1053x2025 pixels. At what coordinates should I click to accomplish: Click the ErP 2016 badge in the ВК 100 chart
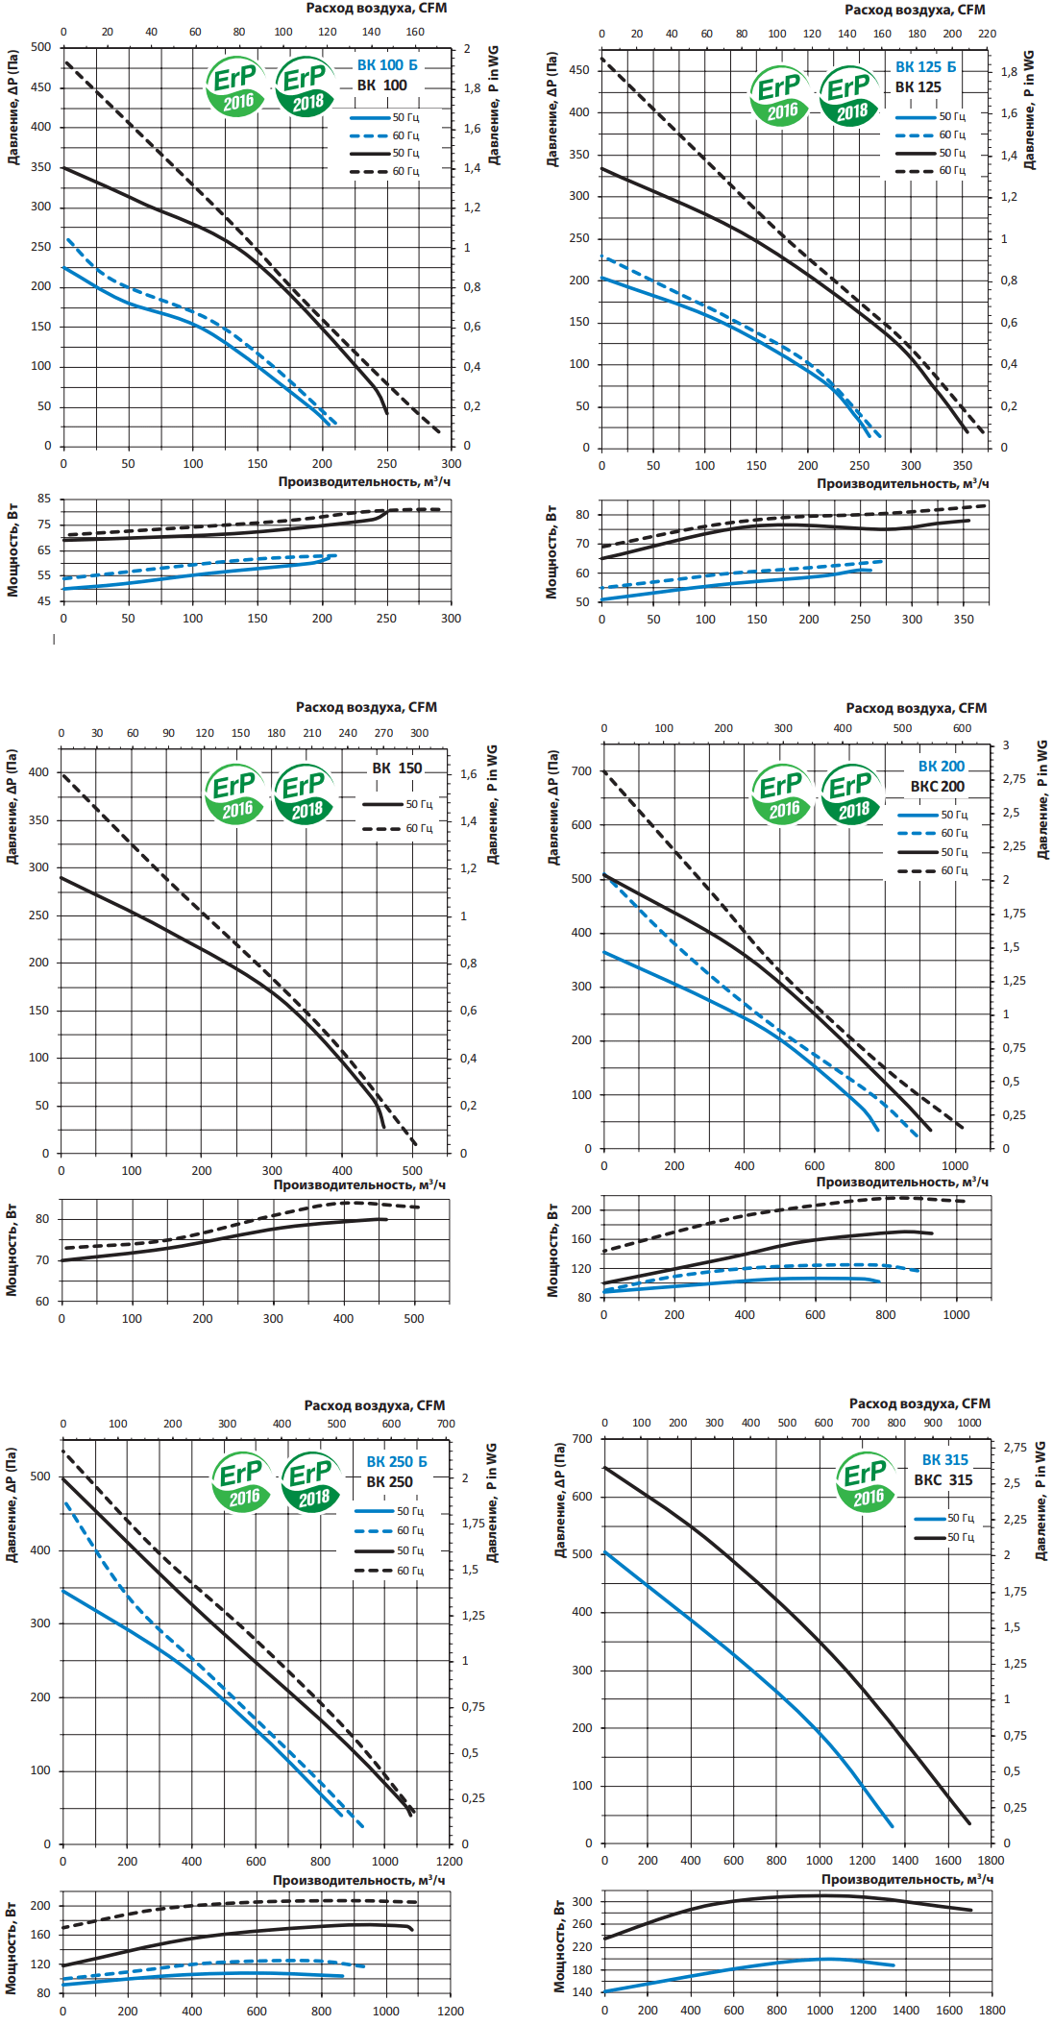pyautogui.click(x=234, y=87)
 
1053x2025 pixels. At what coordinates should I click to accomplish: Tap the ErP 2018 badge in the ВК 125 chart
pyautogui.click(x=849, y=96)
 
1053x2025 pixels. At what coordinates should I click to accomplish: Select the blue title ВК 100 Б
pyautogui.click(x=387, y=65)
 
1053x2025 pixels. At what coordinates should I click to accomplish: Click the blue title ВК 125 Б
pyautogui.click(x=925, y=67)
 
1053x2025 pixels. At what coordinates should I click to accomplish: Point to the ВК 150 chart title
pyautogui.click(x=397, y=769)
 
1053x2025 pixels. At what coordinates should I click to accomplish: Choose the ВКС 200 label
pyautogui.click(x=937, y=787)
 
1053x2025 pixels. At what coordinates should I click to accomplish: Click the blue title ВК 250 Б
pyautogui.click(x=396, y=1461)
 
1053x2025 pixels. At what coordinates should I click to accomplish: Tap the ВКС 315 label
pyautogui.click(x=943, y=1480)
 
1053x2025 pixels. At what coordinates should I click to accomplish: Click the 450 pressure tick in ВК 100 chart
pyautogui.click(x=40, y=87)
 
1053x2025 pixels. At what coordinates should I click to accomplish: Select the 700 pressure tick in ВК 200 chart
pyautogui.click(x=581, y=771)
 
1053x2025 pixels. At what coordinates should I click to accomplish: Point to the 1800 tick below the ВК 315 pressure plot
pyautogui.click(x=991, y=1860)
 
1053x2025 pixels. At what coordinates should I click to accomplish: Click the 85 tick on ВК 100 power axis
pyautogui.click(x=44, y=499)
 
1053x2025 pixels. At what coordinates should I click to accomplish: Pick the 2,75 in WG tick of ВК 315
pyautogui.click(x=1015, y=1448)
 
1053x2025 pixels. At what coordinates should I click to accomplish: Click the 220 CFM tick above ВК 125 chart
pyautogui.click(x=988, y=34)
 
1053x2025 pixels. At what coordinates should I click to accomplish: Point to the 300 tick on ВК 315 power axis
pyautogui.click(x=582, y=1901)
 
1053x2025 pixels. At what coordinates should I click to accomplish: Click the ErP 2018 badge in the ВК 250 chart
pyautogui.click(x=312, y=1482)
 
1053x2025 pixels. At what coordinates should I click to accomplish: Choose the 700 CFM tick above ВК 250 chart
pyautogui.click(x=446, y=1424)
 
